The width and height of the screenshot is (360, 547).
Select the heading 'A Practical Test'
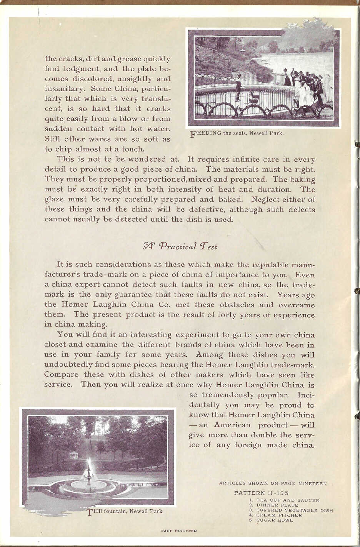coord(180,246)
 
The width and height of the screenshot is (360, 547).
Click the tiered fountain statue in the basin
coord(88,474)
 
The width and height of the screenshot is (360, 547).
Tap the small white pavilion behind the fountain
coord(73,455)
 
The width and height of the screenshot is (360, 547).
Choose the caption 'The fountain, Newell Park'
coord(125,511)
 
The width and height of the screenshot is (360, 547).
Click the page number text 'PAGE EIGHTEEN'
coord(179,531)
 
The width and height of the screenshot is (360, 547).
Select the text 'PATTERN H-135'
coord(261,493)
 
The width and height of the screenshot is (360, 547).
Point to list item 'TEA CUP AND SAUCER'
coord(288,500)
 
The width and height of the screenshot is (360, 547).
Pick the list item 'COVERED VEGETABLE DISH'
coord(295,510)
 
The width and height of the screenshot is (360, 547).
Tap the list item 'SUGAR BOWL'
coord(275,520)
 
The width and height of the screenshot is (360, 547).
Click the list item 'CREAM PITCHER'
coord(279,515)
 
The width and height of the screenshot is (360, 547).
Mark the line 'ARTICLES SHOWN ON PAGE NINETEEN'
coord(273,484)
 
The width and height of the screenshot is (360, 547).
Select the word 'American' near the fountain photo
coord(232,425)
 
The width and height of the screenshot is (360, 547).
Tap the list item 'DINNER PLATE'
coord(277,505)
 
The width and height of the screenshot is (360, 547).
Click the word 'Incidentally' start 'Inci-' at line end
coord(306,395)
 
